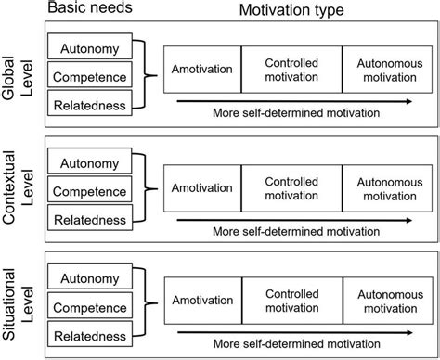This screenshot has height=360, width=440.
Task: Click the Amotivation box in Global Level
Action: pos(202,69)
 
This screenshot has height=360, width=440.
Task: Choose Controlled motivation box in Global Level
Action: pos(291,69)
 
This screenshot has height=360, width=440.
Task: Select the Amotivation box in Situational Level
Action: pos(202,299)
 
